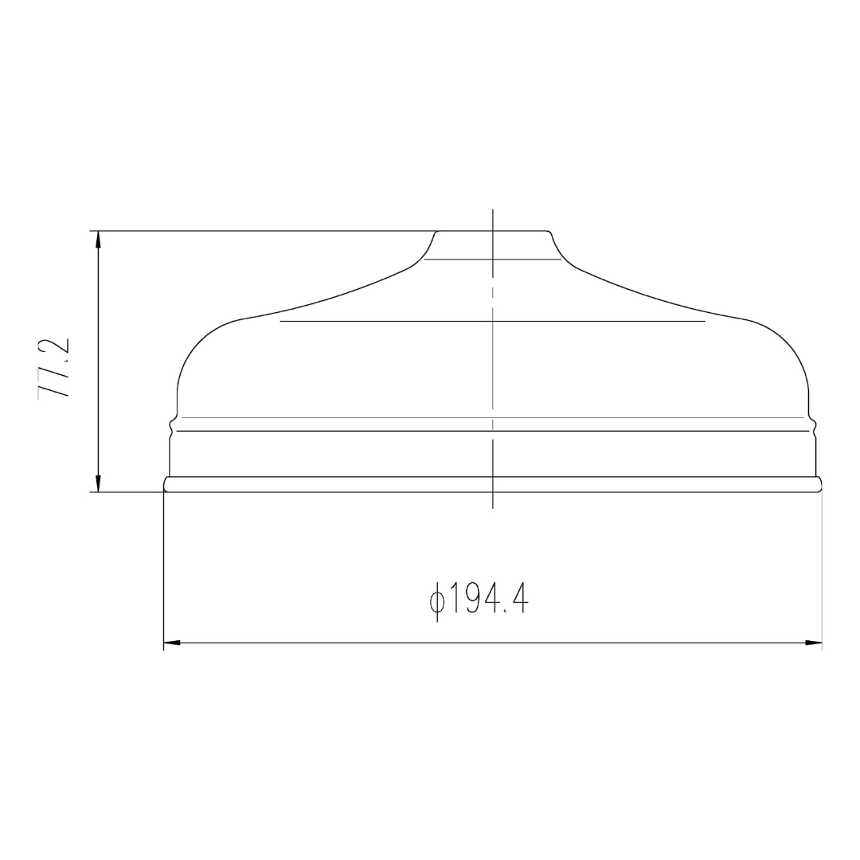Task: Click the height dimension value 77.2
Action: (54, 367)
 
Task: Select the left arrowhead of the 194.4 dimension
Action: (173, 643)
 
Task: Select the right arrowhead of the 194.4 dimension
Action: (813, 643)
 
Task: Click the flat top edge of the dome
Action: (493, 231)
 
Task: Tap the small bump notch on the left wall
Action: (172, 425)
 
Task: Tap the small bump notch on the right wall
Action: (814, 425)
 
